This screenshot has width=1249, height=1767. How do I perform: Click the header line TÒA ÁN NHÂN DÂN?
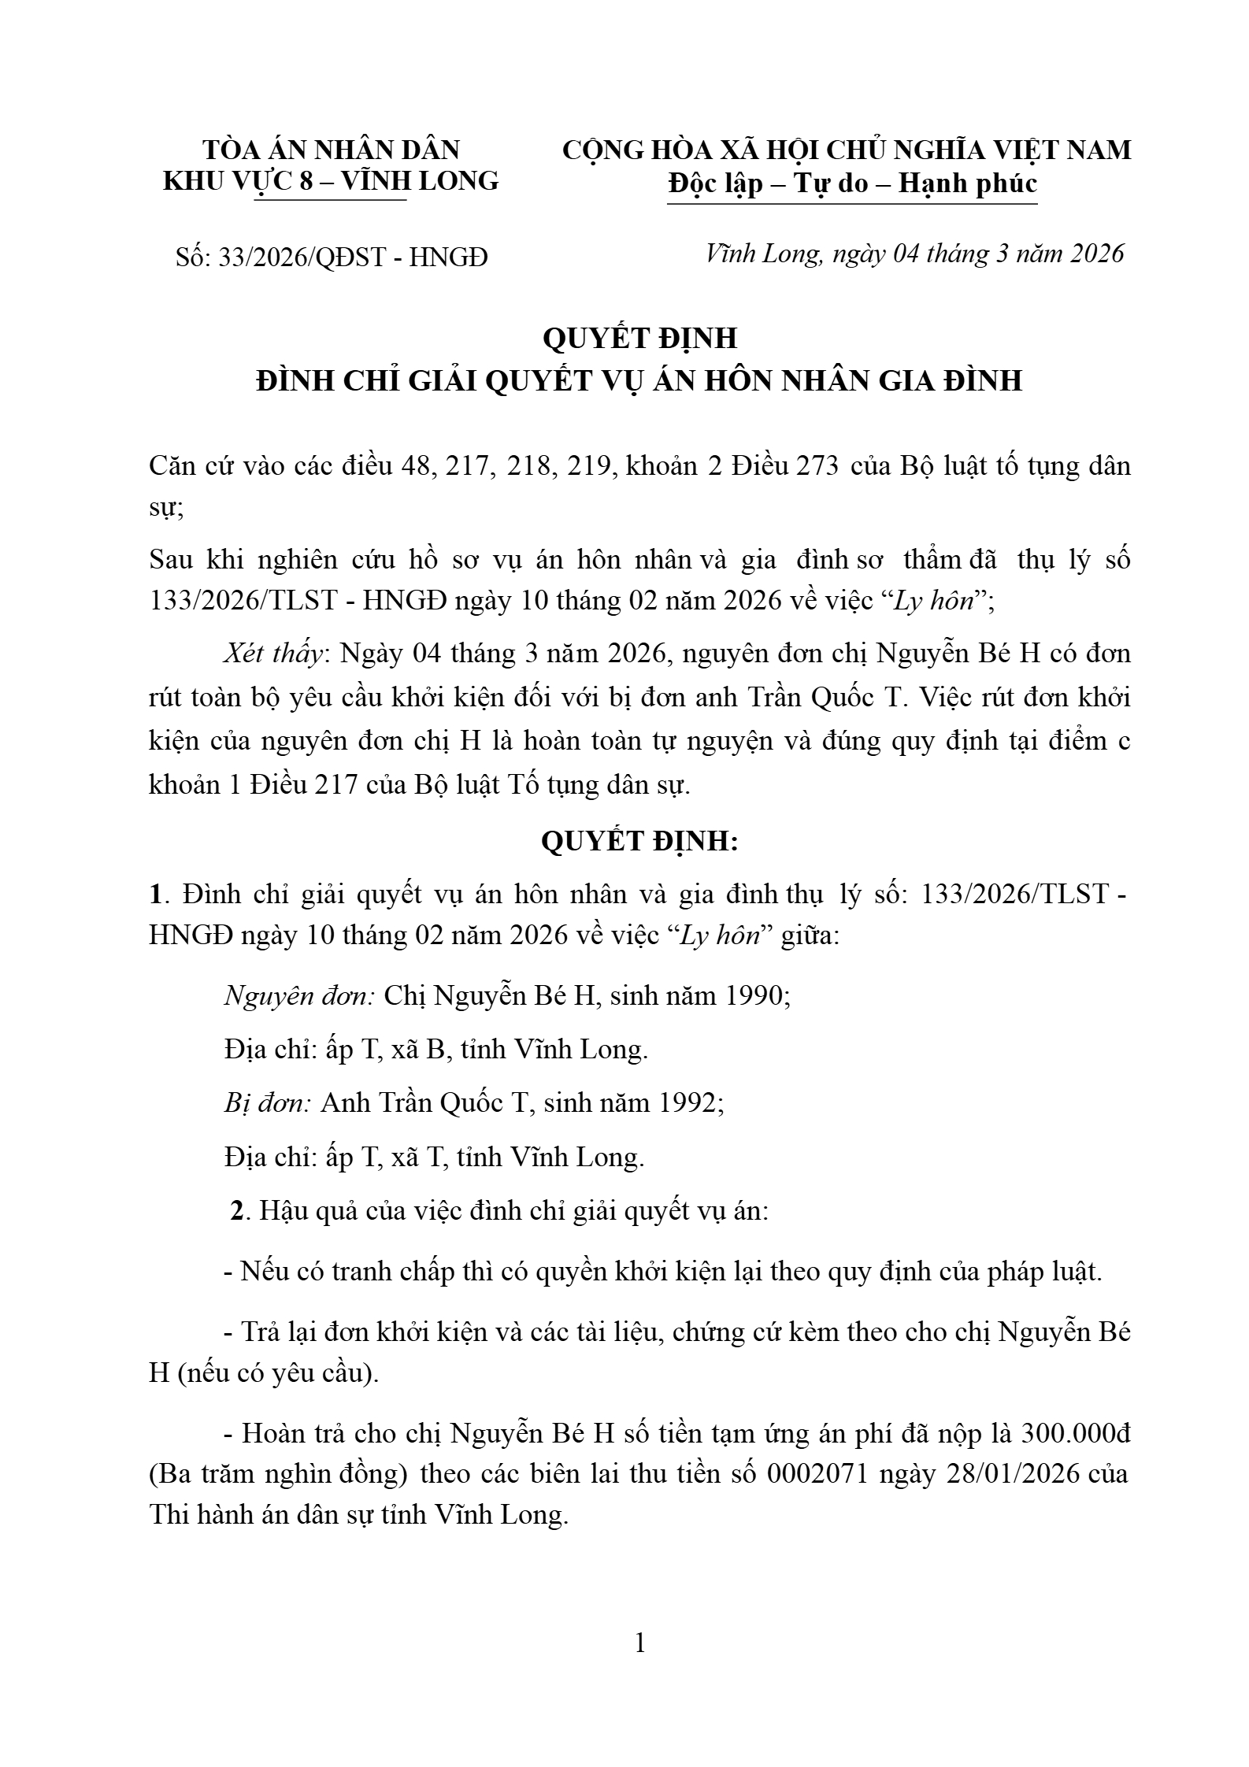[331, 150]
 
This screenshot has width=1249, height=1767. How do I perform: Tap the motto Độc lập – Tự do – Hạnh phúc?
[852, 183]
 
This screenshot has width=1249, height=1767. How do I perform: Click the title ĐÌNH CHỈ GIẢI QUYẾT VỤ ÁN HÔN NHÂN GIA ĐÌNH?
[639, 380]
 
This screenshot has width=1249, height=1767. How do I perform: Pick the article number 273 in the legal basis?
[817, 466]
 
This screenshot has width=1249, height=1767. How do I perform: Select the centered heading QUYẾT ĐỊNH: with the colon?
[639, 841]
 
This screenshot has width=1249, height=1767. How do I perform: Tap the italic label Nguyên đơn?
[299, 996]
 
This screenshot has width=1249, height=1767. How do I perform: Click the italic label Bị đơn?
[267, 1103]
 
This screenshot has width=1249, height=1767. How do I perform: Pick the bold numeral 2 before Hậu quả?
[237, 1210]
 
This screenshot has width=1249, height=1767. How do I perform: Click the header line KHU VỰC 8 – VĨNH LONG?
[331, 181]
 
